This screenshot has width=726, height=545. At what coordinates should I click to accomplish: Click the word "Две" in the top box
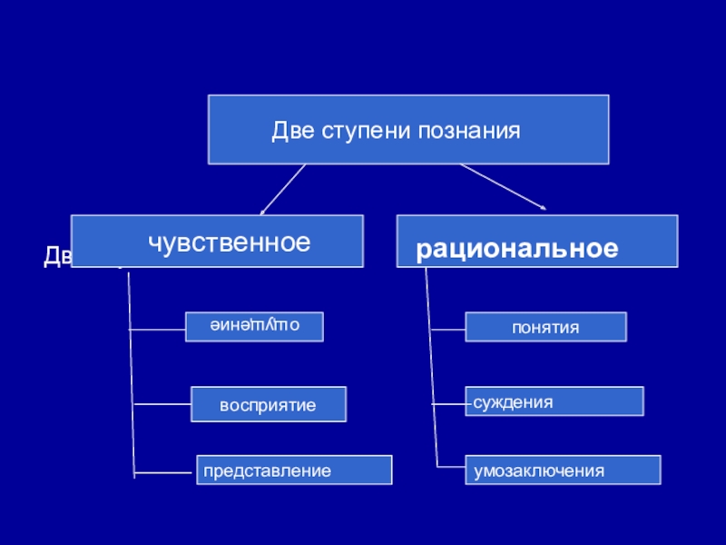click(290, 131)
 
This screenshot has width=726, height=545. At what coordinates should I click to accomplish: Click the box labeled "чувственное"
click(217, 241)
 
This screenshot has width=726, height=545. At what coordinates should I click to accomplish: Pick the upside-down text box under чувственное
click(254, 326)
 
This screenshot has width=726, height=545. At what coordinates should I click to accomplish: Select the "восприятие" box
click(269, 404)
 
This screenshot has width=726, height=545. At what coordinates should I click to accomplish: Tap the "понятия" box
click(545, 327)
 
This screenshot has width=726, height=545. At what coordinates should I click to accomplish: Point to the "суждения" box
click(554, 401)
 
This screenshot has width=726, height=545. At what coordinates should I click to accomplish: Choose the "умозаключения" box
click(563, 471)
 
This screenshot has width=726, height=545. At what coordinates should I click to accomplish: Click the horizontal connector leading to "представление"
click(165, 472)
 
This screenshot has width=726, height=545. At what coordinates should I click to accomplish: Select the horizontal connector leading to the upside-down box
click(158, 328)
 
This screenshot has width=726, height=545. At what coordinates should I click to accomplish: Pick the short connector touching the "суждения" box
click(450, 401)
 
